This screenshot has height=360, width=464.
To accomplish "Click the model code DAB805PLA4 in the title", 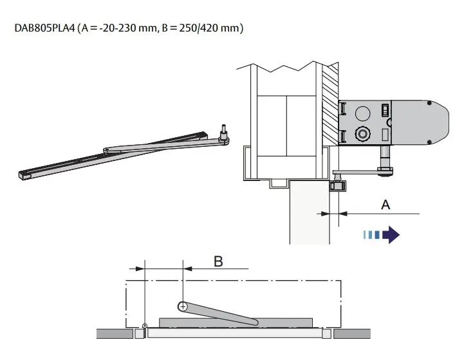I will click(43, 28).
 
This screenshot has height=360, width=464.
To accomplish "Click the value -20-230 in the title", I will click(117, 28).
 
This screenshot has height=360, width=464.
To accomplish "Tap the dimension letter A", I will click(385, 204).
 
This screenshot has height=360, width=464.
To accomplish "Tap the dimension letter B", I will click(218, 261).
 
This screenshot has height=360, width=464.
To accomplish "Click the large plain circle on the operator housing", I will click(362, 114).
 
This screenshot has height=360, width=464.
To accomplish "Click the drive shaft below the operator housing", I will click(385, 157).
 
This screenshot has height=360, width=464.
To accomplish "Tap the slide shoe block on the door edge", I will click(335, 186).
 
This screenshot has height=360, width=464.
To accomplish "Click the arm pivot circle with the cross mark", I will click(183, 306).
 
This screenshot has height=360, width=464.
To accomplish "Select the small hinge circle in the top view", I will click(145, 326).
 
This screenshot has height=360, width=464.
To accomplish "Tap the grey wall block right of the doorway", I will click(351, 333).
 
